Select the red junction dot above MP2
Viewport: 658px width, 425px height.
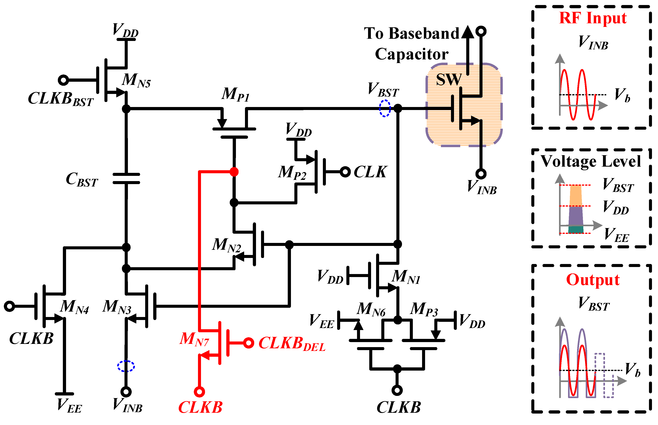pos(234,172)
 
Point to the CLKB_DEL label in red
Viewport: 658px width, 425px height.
pos(292,344)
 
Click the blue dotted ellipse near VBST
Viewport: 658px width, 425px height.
pos(385,108)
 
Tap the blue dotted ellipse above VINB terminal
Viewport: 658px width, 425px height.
pos(126,366)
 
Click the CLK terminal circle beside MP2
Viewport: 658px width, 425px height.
pos(345,172)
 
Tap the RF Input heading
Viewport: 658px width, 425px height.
pos(593,18)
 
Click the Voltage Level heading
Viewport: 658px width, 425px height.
pos(591,161)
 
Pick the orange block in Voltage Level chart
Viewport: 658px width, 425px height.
pos(576,195)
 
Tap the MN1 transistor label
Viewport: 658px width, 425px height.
pos(406,277)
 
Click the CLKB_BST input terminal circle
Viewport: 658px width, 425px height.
pos(63,80)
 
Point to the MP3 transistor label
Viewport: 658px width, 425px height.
pos(424,309)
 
